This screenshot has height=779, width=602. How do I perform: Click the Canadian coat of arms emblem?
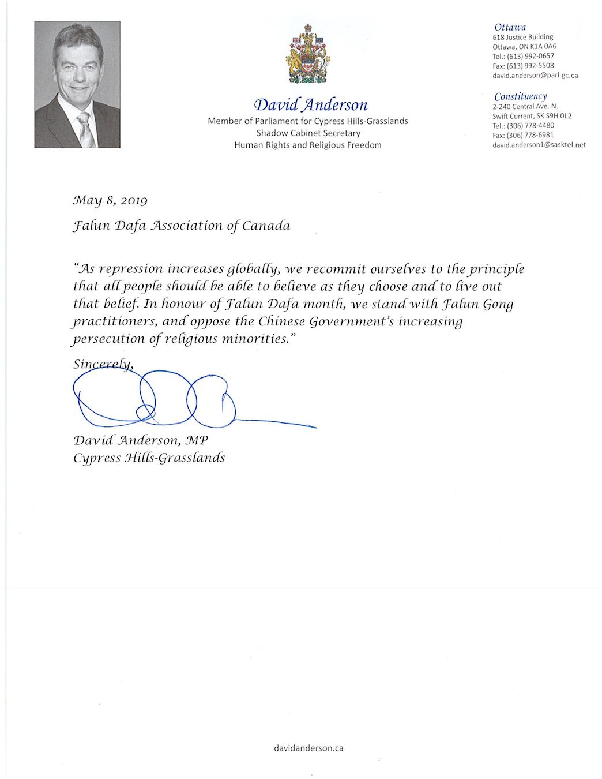(x=308, y=55)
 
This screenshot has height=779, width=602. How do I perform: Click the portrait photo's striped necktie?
(x=85, y=129)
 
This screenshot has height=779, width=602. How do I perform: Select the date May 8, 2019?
(x=110, y=200)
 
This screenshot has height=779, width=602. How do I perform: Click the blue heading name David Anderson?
(x=311, y=104)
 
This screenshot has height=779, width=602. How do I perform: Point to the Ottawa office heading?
(x=510, y=27)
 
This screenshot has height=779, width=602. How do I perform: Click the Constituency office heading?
(x=520, y=96)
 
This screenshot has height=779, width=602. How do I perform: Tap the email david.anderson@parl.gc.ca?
(x=535, y=76)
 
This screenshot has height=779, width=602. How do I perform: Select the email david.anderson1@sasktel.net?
(x=539, y=145)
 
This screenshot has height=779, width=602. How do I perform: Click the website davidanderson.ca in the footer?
(x=308, y=748)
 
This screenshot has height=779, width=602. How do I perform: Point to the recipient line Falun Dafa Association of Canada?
(x=182, y=226)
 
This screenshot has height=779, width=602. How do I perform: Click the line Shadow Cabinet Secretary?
(x=308, y=133)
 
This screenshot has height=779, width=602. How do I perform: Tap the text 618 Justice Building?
(x=522, y=37)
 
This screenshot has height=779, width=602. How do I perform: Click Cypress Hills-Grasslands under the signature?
(x=149, y=458)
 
